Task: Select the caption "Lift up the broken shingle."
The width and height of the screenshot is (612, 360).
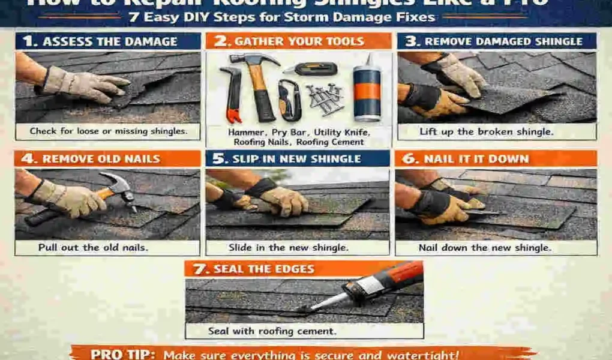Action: coord(496,131)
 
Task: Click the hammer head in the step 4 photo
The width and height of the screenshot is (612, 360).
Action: coord(123,186)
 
